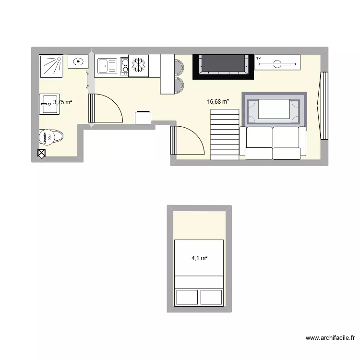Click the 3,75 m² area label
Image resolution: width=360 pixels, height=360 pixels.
coord(63,102)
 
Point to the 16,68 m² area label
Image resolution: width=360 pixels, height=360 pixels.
coord(218,101)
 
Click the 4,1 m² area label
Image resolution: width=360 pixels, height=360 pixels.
coord(199,258)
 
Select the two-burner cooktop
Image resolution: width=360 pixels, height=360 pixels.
coord(125,66)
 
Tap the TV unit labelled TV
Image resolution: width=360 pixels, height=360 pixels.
coord(277,62)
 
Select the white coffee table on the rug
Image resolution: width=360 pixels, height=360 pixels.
coord(274,108)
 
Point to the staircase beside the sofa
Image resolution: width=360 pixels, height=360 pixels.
coord(225,134)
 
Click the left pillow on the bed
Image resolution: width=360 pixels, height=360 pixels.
coord(187,297)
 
